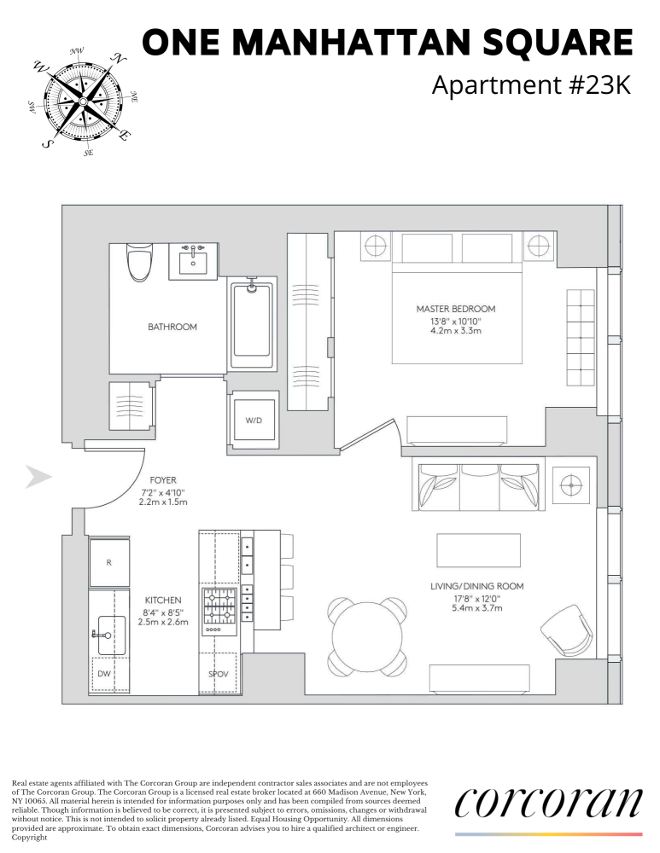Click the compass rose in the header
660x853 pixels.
pos(82,101)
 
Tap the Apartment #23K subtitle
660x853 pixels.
pos(532,86)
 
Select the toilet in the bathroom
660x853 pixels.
pos(138,263)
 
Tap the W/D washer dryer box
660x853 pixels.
pos(254,419)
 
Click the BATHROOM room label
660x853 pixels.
pos(172,327)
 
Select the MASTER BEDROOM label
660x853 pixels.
pos(455,309)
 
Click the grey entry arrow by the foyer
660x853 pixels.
pos(38,478)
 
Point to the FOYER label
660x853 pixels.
pos(162,480)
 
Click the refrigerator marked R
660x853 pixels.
pos(108,563)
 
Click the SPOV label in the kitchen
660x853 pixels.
pos(218,674)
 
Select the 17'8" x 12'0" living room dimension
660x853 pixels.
pos(476,599)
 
